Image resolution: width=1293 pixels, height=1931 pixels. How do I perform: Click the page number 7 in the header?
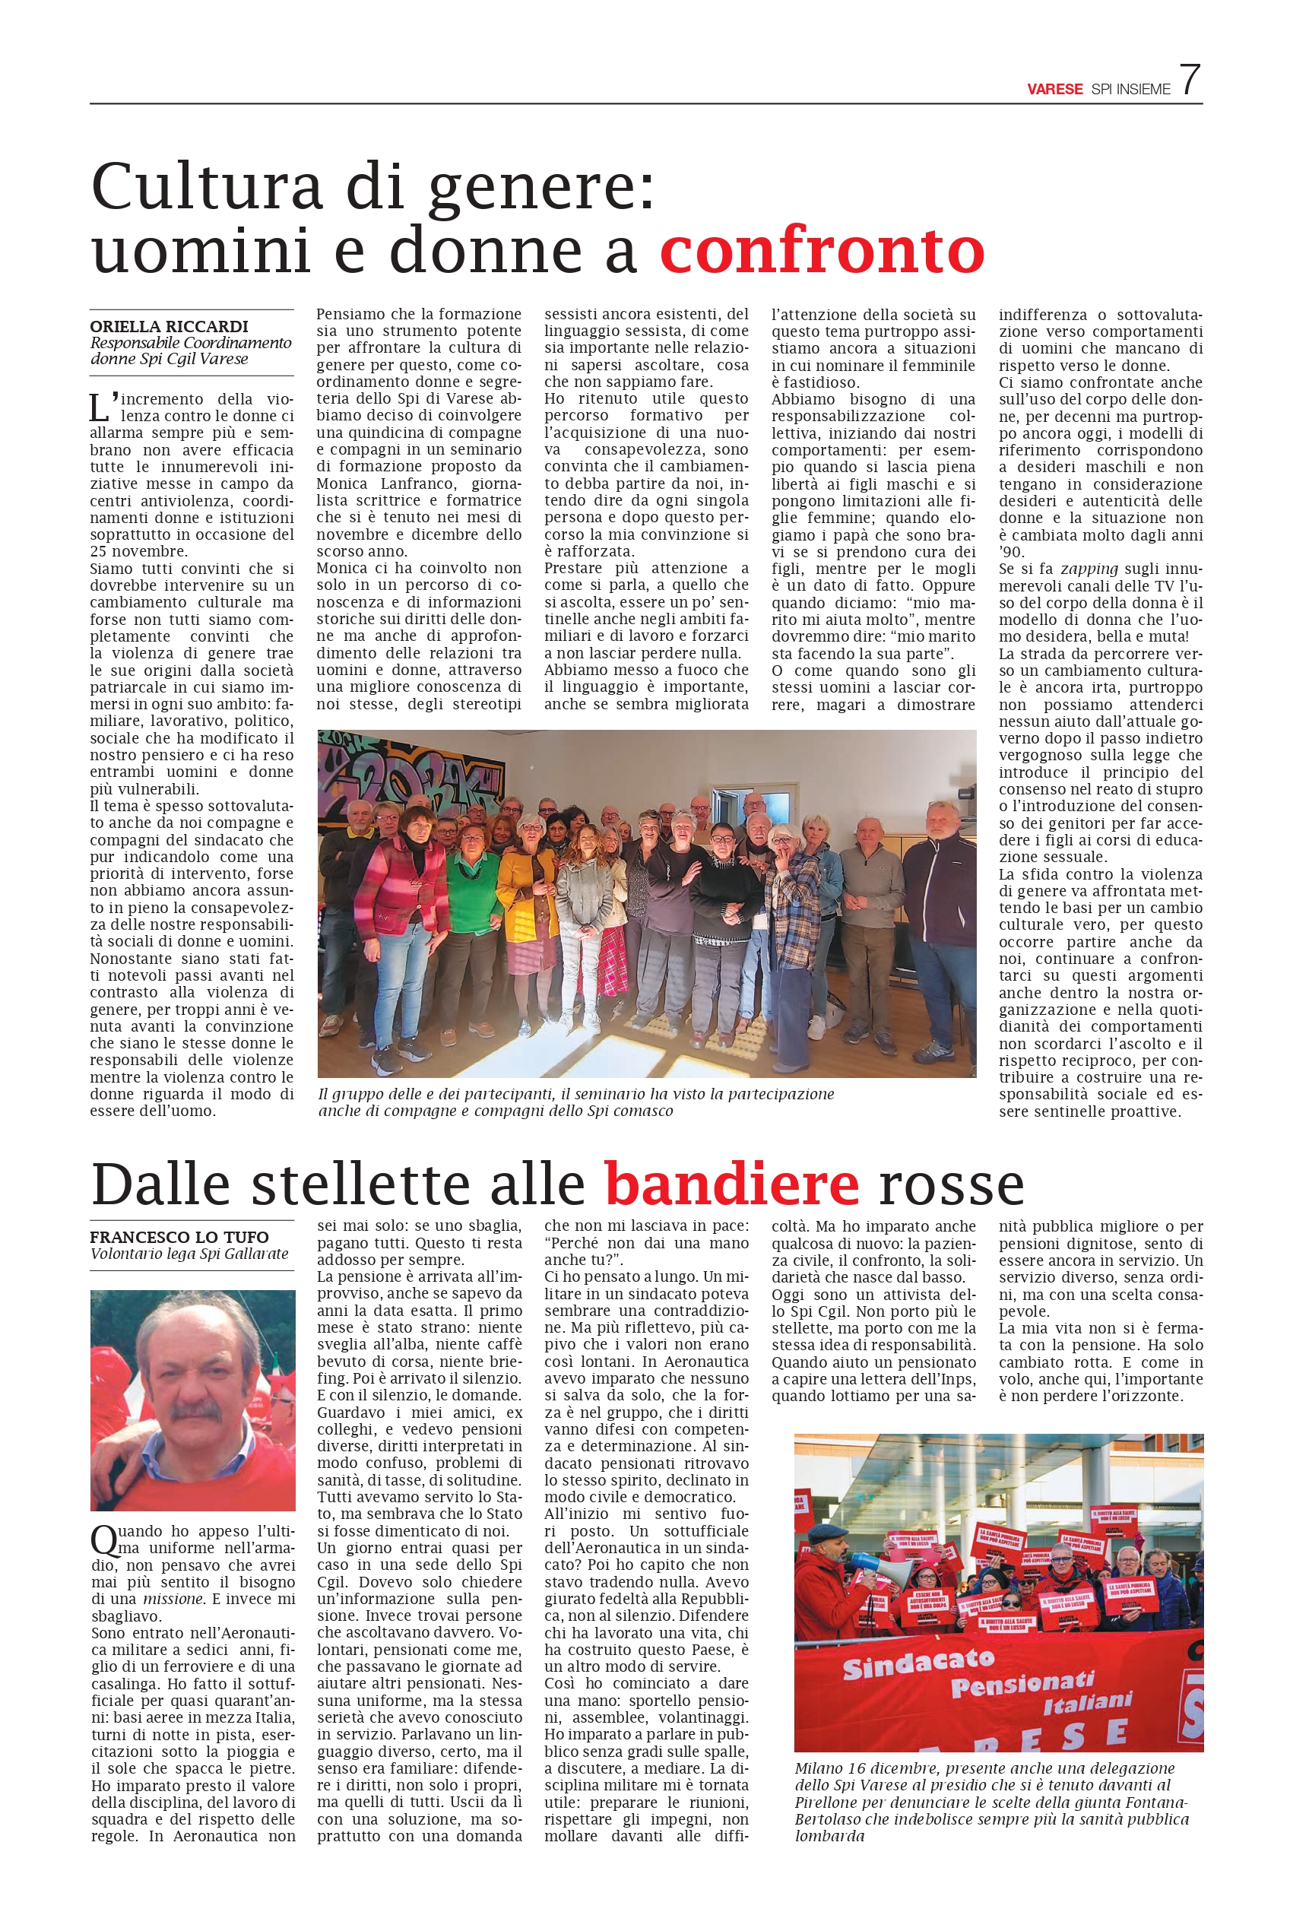(1189, 80)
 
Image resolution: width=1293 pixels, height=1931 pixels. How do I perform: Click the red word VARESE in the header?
(1054, 89)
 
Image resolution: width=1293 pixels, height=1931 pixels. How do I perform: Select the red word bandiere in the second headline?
(731, 1184)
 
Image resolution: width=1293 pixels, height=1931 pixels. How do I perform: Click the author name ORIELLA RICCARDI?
(169, 326)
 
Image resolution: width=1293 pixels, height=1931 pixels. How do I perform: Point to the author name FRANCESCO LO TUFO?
(179, 1237)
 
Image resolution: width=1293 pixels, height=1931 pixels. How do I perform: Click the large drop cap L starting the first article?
(99, 407)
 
